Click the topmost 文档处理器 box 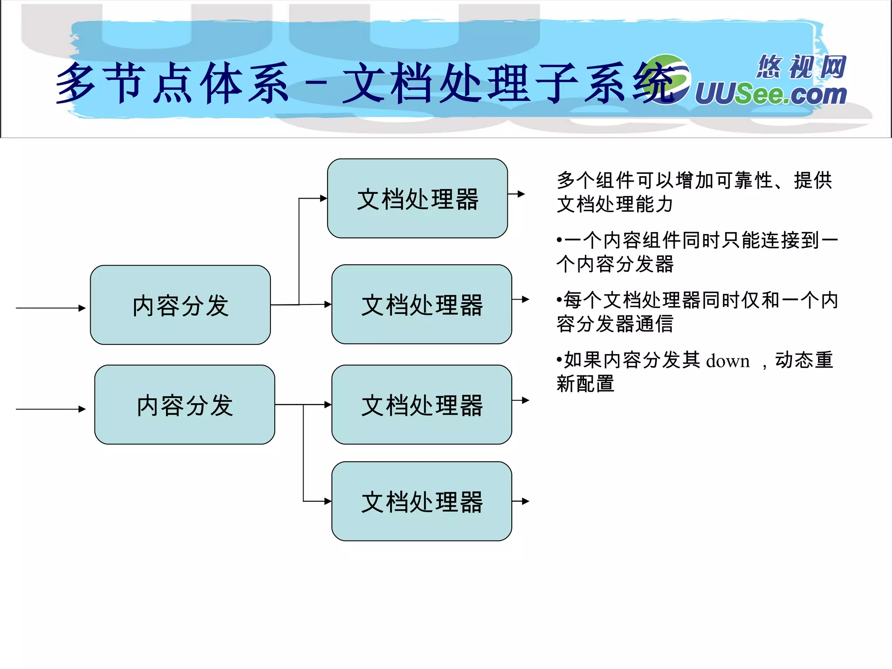pos(417,198)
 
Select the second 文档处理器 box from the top pos(422,304)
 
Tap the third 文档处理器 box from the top pos(422,405)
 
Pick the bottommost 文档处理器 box pos(422,501)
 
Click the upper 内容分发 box pos(180,305)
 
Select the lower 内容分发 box pos(185,405)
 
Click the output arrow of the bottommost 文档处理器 pos(521,501)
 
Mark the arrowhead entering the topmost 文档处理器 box pos(323,198)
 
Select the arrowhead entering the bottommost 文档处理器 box pos(328,501)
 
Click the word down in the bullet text pos(727,361)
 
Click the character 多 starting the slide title pos(76,83)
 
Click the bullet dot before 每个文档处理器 pos(559,300)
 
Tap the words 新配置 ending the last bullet pos(585,384)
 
